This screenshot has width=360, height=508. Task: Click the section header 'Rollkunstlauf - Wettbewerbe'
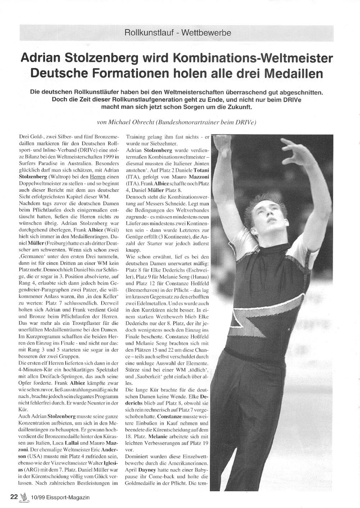pyautogui.click(x=177, y=33)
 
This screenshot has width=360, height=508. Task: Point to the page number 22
pyautogui.click(x=14, y=497)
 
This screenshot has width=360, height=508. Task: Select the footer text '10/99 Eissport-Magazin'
pyautogui.click(x=60, y=497)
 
